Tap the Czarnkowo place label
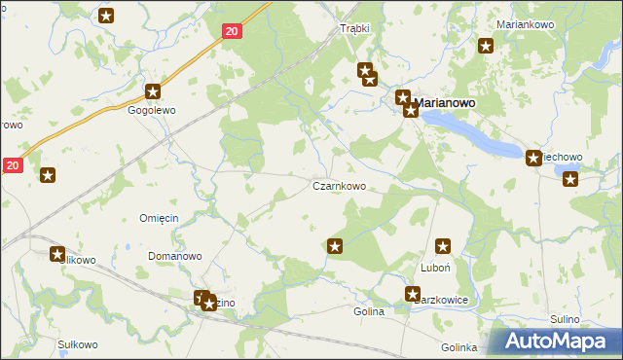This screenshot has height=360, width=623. pyautogui.click(x=339, y=186)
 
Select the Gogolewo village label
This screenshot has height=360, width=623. pyautogui.click(x=152, y=111)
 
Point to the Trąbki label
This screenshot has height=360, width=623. pyautogui.click(x=354, y=28)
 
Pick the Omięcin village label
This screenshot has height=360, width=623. pyautogui.click(x=159, y=218)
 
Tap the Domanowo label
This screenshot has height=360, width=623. pyautogui.click(x=174, y=257)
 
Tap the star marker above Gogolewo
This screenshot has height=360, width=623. pyautogui.click(x=153, y=92)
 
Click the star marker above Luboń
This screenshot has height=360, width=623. pyautogui.click(x=444, y=247)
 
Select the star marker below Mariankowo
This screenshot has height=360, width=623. pyautogui.click(x=486, y=45)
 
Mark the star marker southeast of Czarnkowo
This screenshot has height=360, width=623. pyautogui.click(x=336, y=247)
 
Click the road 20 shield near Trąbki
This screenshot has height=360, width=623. pyautogui.click(x=231, y=32)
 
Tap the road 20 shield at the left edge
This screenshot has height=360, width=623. pyautogui.click(x=11, y=166)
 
